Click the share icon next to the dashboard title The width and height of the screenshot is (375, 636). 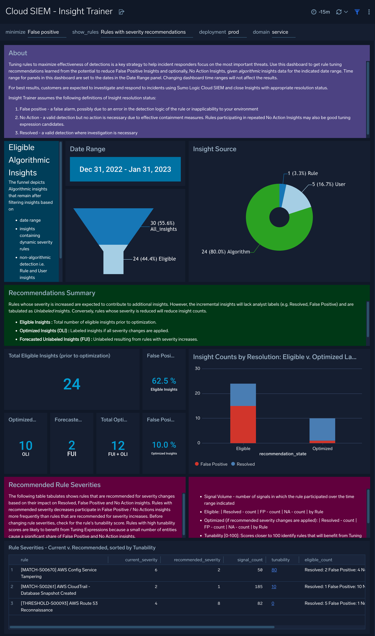[x=121, y=12]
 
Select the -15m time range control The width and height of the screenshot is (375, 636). [x=320, y=12]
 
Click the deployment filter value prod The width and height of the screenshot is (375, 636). [x=233, y=32]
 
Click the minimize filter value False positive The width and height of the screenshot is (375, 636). [x=43, y=32]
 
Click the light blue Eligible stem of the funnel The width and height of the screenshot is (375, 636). [x=113, y=261]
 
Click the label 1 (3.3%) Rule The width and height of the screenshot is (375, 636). [x=302, y=173]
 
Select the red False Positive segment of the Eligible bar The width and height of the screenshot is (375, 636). [x=243, y=424]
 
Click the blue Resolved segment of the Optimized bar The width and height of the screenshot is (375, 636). [x=322, y=429]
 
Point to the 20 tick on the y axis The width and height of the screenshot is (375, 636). [x=197, y=393]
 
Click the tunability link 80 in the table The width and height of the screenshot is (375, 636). [x=274, y=570]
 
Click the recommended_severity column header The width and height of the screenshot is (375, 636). [x=197, y=560]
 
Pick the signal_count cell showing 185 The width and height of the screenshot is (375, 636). [x=259, y=587]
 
